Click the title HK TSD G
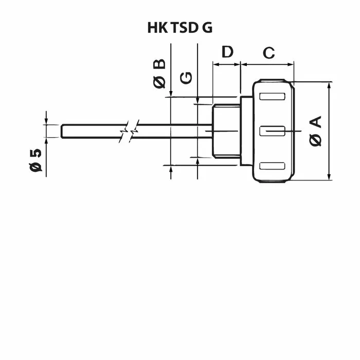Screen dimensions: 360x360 (x=180, y=28)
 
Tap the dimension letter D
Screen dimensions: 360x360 (x=227, y=51)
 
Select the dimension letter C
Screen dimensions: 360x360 (x=268, y=53)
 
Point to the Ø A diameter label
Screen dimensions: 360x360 (x=315, y=131)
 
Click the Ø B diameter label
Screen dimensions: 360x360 (x=159, y=74)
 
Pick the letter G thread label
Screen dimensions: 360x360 (x=186, y=78)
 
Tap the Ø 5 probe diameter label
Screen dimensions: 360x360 (x=35, y=160)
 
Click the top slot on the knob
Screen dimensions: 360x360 (x=272, y=97)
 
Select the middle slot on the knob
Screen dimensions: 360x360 (x=272, y=131)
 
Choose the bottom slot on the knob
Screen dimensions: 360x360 (x=272, y=166)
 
